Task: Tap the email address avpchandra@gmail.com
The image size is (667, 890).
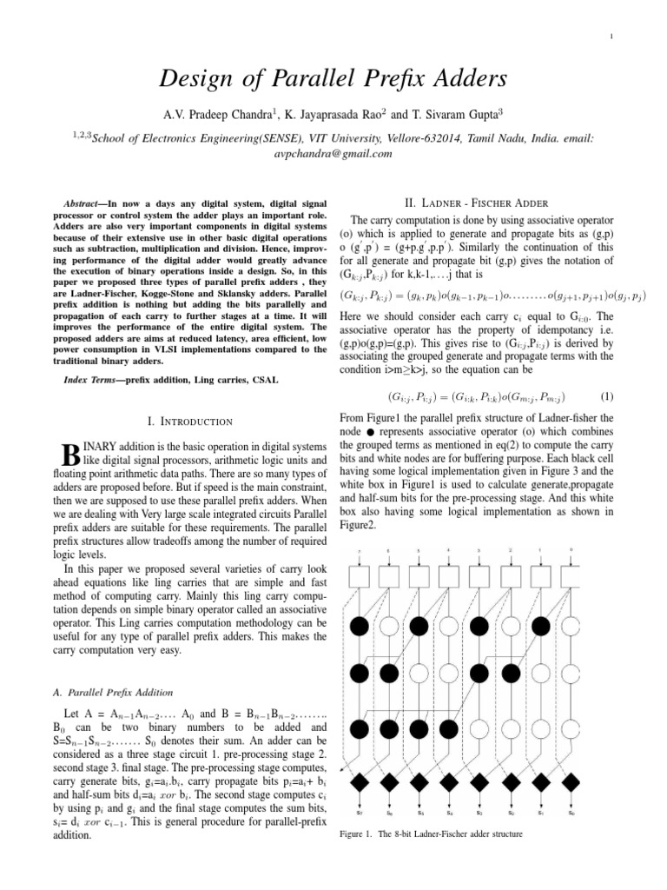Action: tap(333, 153)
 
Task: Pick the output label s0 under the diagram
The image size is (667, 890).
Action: tap(571, 813)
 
